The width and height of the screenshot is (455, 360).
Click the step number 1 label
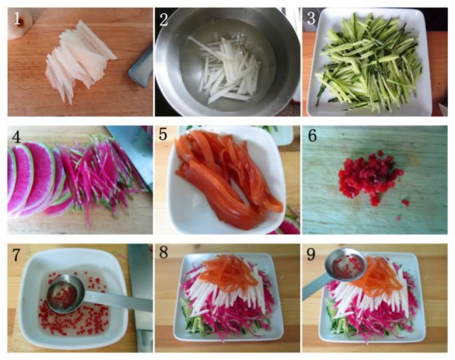pyautogui.click(x=17, y=18)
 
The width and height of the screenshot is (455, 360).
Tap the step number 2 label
pyautogui.click(x=164, y=19)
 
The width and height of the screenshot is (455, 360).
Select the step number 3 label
pyautogui.click(x=311, y=18)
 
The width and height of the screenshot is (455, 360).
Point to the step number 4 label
pyautogui.click(x=16, y=136)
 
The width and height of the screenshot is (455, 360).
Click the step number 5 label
pyautogui.click(x=163, y=135)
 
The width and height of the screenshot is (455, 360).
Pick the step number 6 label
pyautogui.click(x=312, y=135)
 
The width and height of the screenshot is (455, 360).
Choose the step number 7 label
pyautogui.click(x=16, y=255)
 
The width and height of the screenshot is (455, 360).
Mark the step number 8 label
pyautogui.click(x=164, y=252)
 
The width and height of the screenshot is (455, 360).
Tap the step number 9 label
pyautogui.click(x=311, y=255)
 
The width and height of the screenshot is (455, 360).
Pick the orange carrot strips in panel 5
pyautogui.click(x=228, y=179)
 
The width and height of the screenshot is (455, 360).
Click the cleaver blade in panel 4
pyautogui.click(x=132, y=151)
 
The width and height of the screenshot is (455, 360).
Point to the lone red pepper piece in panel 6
pyautogui.click(x=405, y=202)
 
